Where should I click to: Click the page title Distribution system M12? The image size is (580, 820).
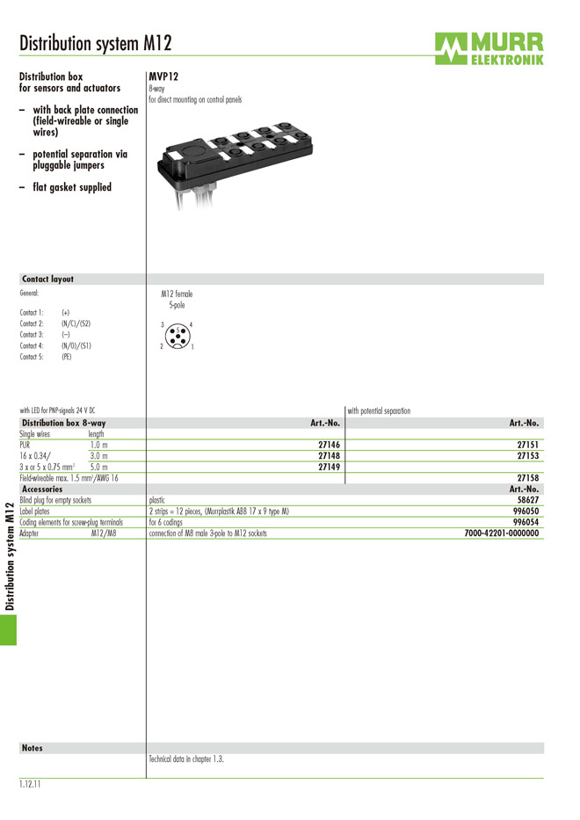pos(95,43)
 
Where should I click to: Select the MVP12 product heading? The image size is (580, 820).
pos(163,77)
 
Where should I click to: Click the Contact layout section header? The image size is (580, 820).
pos(47,279)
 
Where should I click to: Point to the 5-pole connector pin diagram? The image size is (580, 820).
pos(177,336)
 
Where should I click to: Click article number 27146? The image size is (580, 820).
pos(329,446)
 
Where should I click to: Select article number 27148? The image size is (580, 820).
pos(329,456)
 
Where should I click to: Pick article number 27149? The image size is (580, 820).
pos(329,468)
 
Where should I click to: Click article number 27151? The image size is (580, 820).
pos(527,446)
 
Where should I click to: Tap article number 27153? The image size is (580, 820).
pos(527,456)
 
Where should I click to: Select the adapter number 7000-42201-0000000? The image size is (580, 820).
pos(501,533)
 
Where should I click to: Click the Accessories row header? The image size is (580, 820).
pos(42,490)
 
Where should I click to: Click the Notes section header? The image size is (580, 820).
pos(33,748)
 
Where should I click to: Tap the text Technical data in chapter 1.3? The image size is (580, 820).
pos(186,759)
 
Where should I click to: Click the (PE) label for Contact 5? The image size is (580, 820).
pos(67,357)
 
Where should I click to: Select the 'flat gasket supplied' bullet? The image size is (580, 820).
pos(72,187)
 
